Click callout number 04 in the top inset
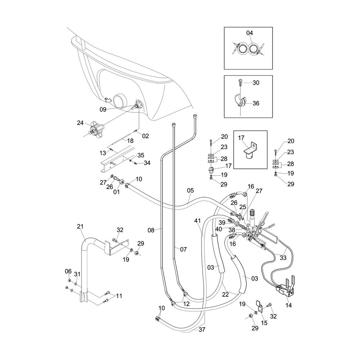[249, 33]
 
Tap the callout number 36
[256, 103]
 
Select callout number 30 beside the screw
[256, 83]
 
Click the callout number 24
[80, 123]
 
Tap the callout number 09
[103, 109]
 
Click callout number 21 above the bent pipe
[80, 226]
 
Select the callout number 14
[288, 305]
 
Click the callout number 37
[202, 329]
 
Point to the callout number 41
[197, 221]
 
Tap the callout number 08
[151, 230]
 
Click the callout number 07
[183, 249]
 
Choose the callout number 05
[190, 190]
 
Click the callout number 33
[283, 258]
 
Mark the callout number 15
[264, 323]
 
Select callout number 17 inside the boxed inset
[241, 138]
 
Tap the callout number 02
[145, 136]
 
